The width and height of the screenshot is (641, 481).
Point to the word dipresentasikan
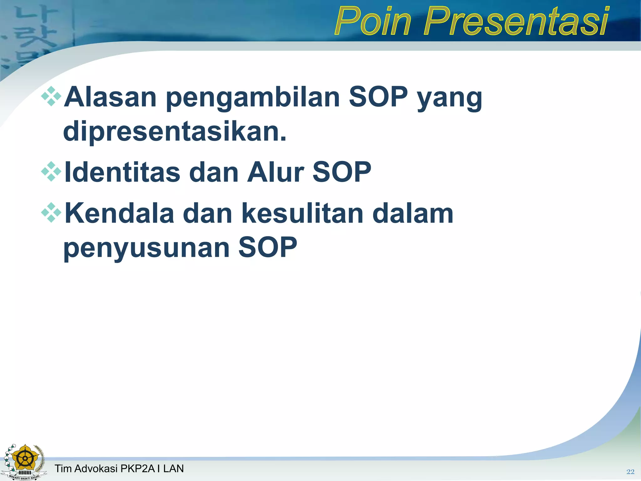click(175, 132)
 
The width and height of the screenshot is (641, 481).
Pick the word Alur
click(275, 172)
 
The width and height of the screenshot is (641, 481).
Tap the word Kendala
click(119, 214)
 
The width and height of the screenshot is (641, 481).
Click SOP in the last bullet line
click(268, 247)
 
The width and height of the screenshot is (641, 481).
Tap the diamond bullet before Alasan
click(51, 96)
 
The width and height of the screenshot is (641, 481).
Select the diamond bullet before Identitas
click(51, 172)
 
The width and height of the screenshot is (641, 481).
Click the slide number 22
click(630, 472)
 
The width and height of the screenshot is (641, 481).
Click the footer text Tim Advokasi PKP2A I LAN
click(119, 468)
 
